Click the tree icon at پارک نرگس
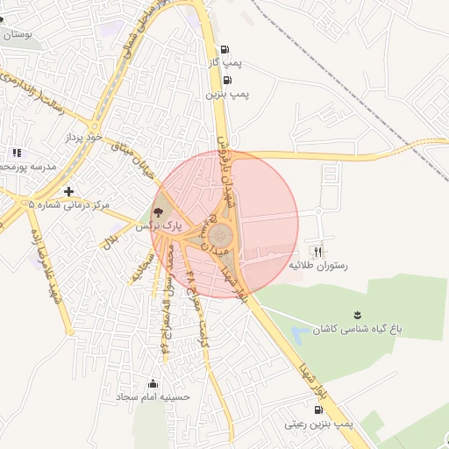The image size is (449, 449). pos(158,212)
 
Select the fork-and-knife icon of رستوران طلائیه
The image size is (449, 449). pos(317,251)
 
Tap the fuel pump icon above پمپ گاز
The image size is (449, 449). pos(225,50)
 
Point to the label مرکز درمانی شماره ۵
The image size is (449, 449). pos(69,205)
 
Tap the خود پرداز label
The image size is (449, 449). pos(84,138)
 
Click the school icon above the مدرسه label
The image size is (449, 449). pos(17,153)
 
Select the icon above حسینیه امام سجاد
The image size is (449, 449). pos(154,383)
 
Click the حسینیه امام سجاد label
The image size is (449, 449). pos(154,397)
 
